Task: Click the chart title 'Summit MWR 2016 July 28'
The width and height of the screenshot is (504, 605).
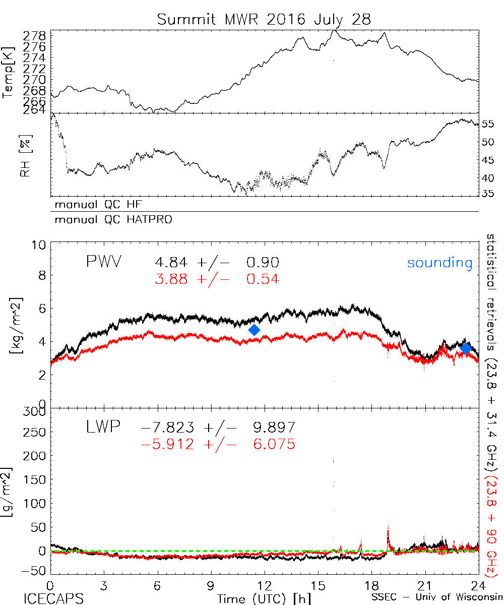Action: pos(264,19)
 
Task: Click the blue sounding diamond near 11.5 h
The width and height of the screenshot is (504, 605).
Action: pos(255,330)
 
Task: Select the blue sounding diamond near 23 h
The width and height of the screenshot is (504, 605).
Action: pos(466,348)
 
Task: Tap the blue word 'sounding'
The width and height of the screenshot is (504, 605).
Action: pos(439,263)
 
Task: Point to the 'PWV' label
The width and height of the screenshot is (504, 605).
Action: pos(105,262)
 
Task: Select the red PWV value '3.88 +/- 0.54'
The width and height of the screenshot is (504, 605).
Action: pos(216,279)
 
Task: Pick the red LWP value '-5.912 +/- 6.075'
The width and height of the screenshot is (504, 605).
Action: pos(217,444)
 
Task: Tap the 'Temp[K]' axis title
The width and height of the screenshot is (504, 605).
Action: pos(9,71)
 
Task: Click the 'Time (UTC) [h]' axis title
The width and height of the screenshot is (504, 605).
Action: pos(257,598)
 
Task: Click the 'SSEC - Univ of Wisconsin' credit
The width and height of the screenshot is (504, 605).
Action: pos(437,598)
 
